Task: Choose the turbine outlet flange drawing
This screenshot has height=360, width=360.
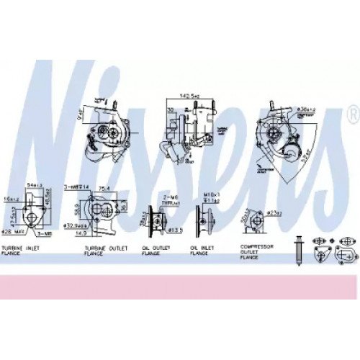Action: point(102,211)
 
